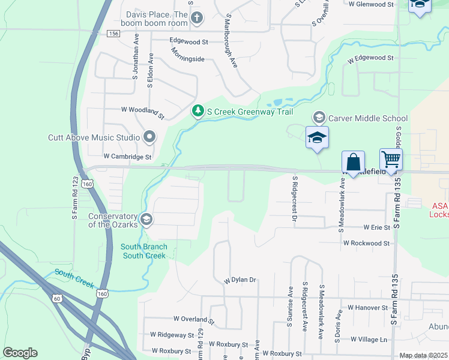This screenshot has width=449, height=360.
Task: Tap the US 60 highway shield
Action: (56, 298)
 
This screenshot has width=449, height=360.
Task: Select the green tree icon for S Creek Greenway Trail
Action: (198, 111)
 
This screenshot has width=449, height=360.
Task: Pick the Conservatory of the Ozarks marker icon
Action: (145, 220)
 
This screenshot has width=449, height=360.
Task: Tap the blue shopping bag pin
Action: (353, 162)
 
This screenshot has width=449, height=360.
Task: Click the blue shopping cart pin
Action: (391, 160)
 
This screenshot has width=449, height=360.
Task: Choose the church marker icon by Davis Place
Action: (197, 18)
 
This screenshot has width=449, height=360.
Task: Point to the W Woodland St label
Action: (142, 111)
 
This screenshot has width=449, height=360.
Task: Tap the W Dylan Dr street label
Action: (240, 280)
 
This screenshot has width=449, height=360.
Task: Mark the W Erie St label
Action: (376, 228)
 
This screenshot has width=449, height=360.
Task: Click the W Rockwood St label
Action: (366, 244)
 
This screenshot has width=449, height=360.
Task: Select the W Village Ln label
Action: (369, 339)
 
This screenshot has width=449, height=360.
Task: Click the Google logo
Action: (20, 353)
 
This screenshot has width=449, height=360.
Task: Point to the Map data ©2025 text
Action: (423, 355)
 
